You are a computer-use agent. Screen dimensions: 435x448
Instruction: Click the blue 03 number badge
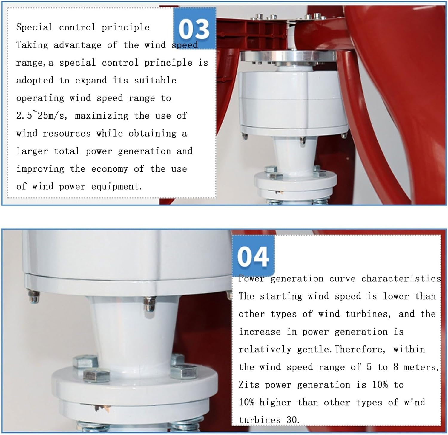pyautogui.click(x=194, y=28)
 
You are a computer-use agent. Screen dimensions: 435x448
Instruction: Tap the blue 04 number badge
pyautogui.click(x=253, y=256)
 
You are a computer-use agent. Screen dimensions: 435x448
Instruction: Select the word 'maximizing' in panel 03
pyautogui.click(x=102, y=116)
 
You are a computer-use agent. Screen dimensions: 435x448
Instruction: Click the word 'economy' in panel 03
pyautogui.click(x=110, y=169)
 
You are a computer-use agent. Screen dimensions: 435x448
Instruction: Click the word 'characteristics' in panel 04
pyautogui.click(x=401, y=278)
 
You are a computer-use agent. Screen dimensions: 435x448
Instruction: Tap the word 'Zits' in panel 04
pyautogui.click(x=249, y=385)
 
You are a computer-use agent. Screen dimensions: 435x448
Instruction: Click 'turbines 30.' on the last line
pyautogui.click(x=269, y=420)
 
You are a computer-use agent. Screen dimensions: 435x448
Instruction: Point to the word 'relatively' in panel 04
pyautogui.click(x=265, y=349)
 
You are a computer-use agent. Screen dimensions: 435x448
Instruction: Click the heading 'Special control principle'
pyautogui.click(x=83, y=27)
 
